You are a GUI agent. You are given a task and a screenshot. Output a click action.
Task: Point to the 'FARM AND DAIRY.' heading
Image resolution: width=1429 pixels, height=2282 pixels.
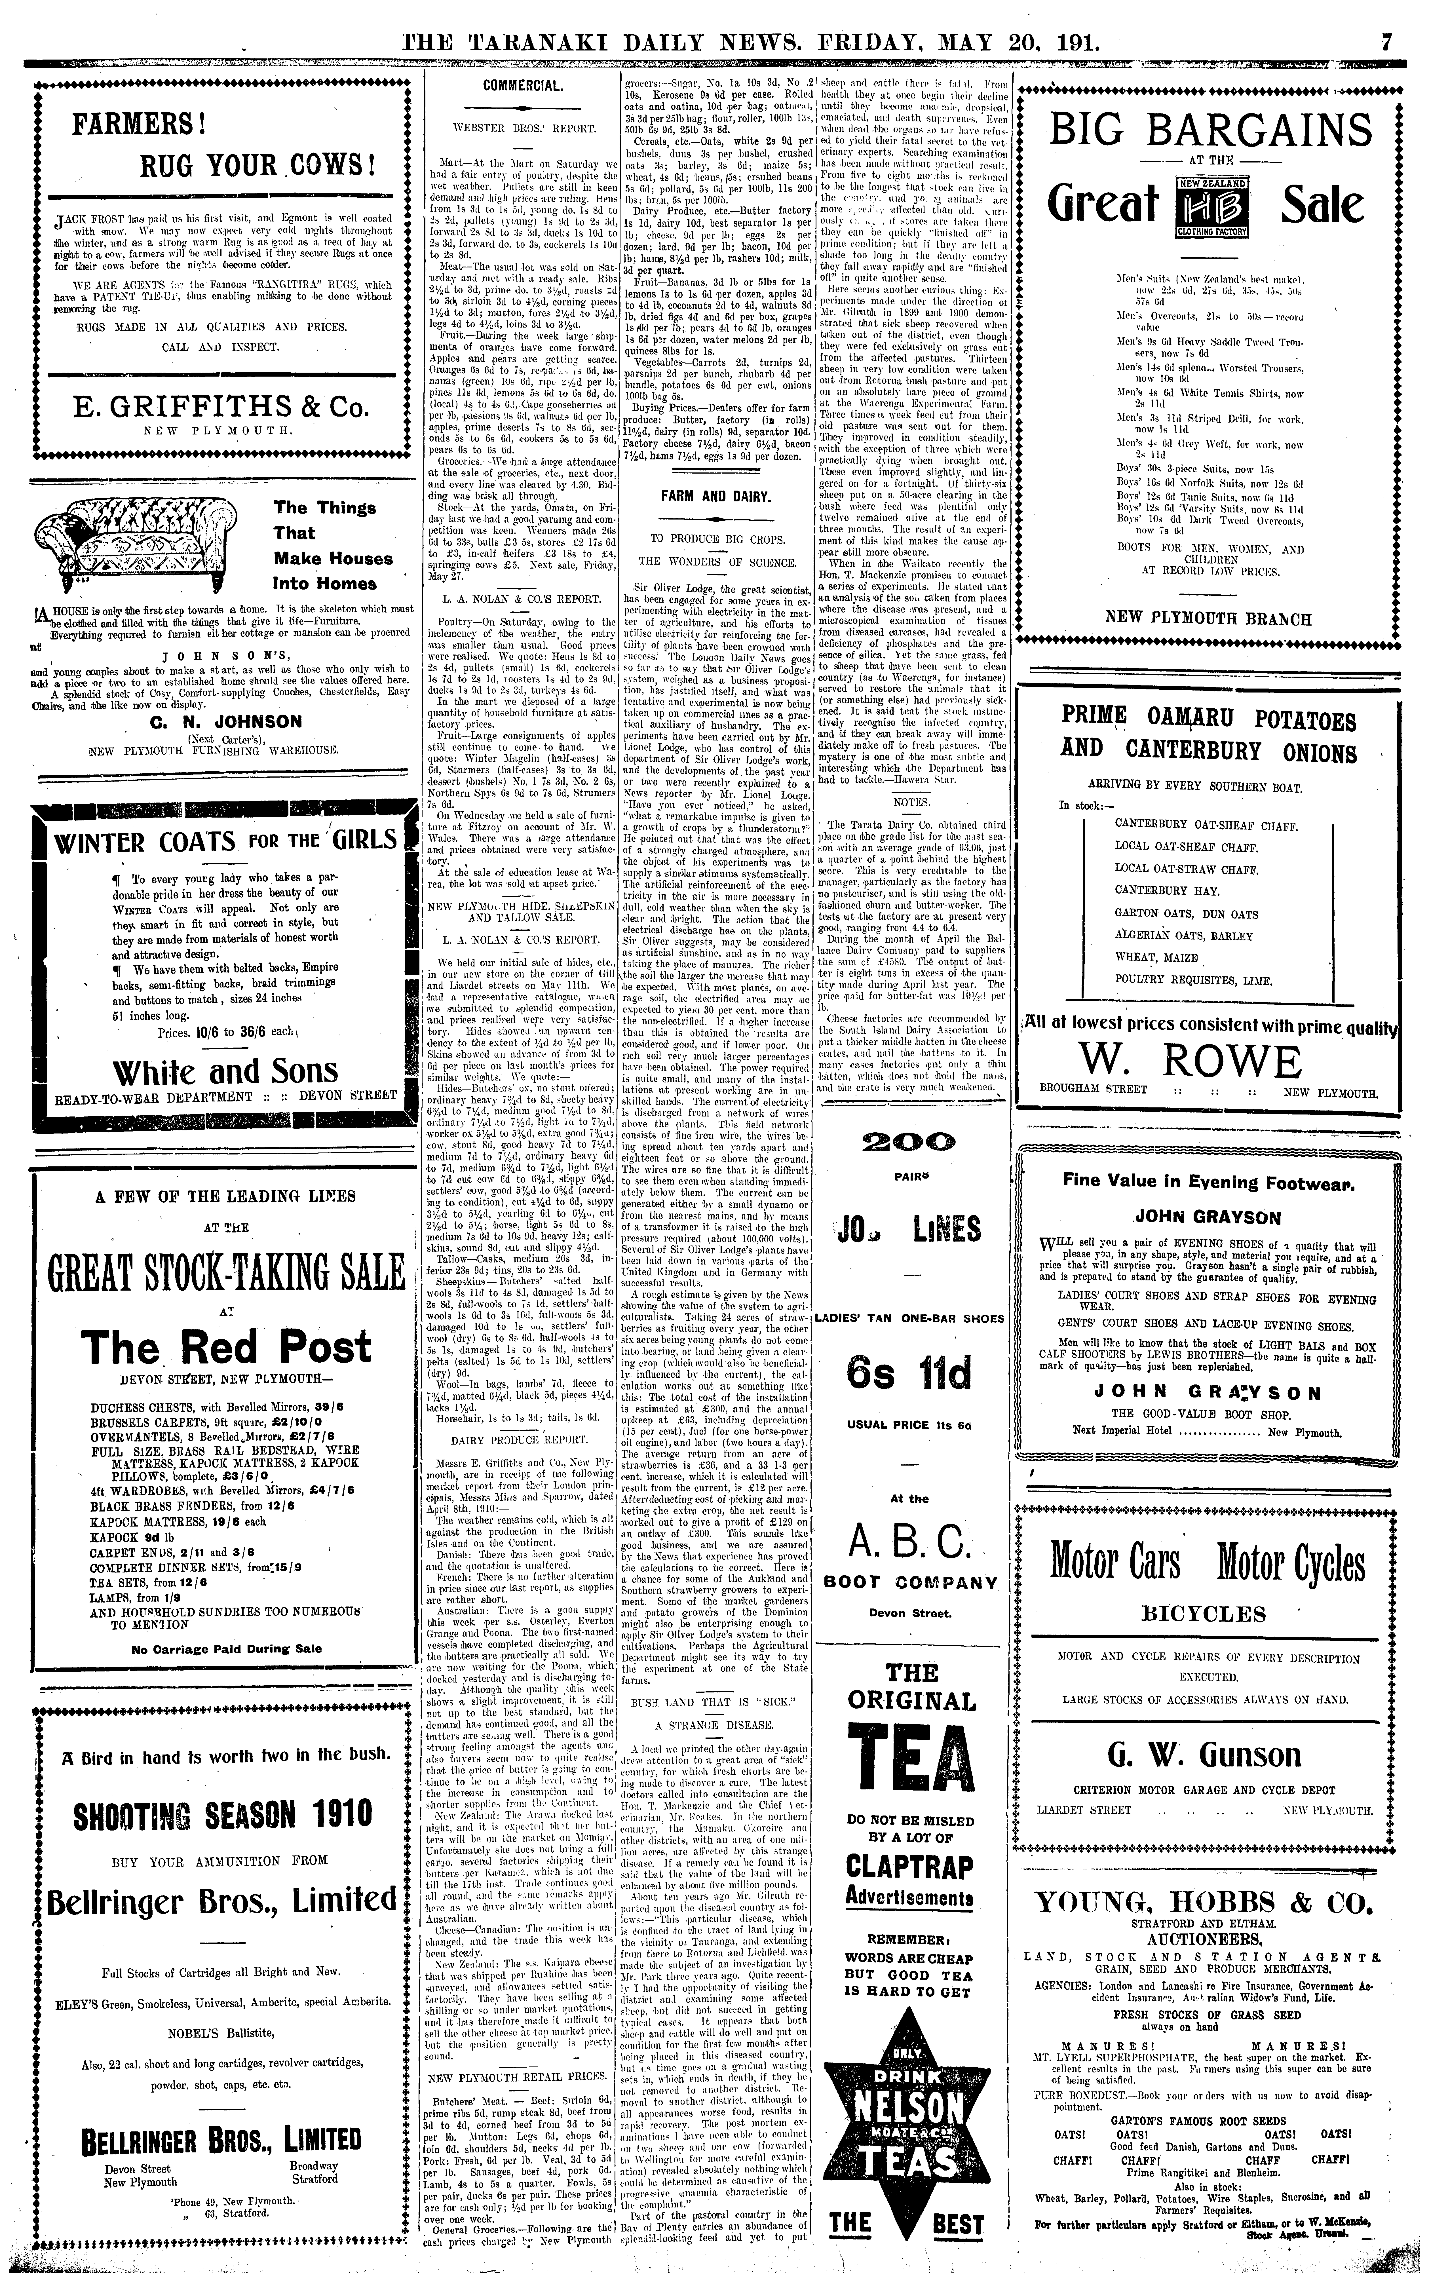(715, 496)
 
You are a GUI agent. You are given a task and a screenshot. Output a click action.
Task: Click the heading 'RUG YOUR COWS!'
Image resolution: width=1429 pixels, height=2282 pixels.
(258, 167)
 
